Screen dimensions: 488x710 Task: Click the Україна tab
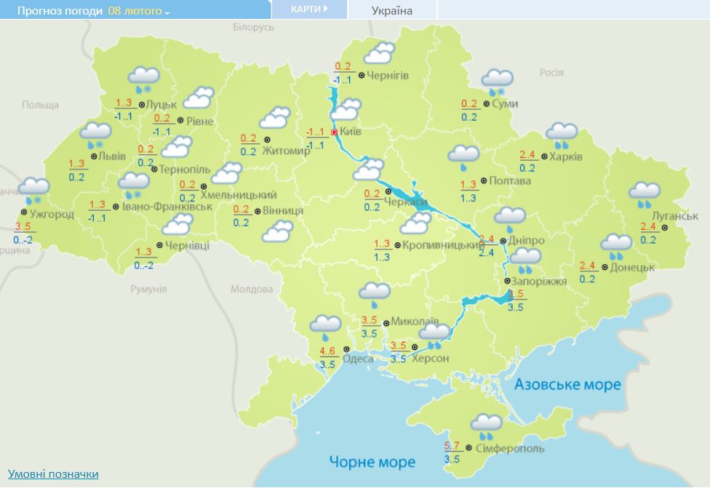[x=391, y=10]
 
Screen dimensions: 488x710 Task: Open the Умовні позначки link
[x=52, y=474]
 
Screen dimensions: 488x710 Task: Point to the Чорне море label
[x=372, y=462]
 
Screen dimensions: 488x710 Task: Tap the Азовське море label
[x=567, y=384]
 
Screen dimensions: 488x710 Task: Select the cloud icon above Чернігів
[x=379, y=53]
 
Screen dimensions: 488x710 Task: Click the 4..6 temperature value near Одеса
[x=327, y=352]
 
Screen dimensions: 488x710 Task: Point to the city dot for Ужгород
[x=24, y=212]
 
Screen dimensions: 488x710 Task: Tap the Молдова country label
[x=251, y=289]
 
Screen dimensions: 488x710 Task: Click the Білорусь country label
[x=253, y=27]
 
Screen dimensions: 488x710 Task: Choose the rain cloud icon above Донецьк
[x=616, y=245]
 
